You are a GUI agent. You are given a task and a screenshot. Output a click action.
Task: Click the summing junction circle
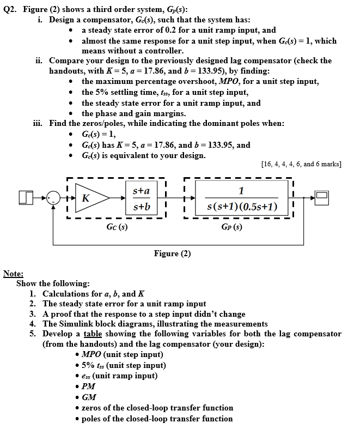point(53,198)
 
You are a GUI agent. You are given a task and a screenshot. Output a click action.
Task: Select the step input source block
point(25,198)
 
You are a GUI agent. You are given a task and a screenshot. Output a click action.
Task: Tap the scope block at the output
point(321,198)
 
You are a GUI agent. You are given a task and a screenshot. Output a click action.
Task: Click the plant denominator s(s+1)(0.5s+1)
point(242,207)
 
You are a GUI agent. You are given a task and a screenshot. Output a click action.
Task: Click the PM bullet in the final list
point(87,386)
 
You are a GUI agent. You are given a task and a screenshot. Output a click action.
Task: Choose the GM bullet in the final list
point(87,397)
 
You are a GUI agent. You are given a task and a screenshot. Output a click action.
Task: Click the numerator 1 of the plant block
point(241,190)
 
